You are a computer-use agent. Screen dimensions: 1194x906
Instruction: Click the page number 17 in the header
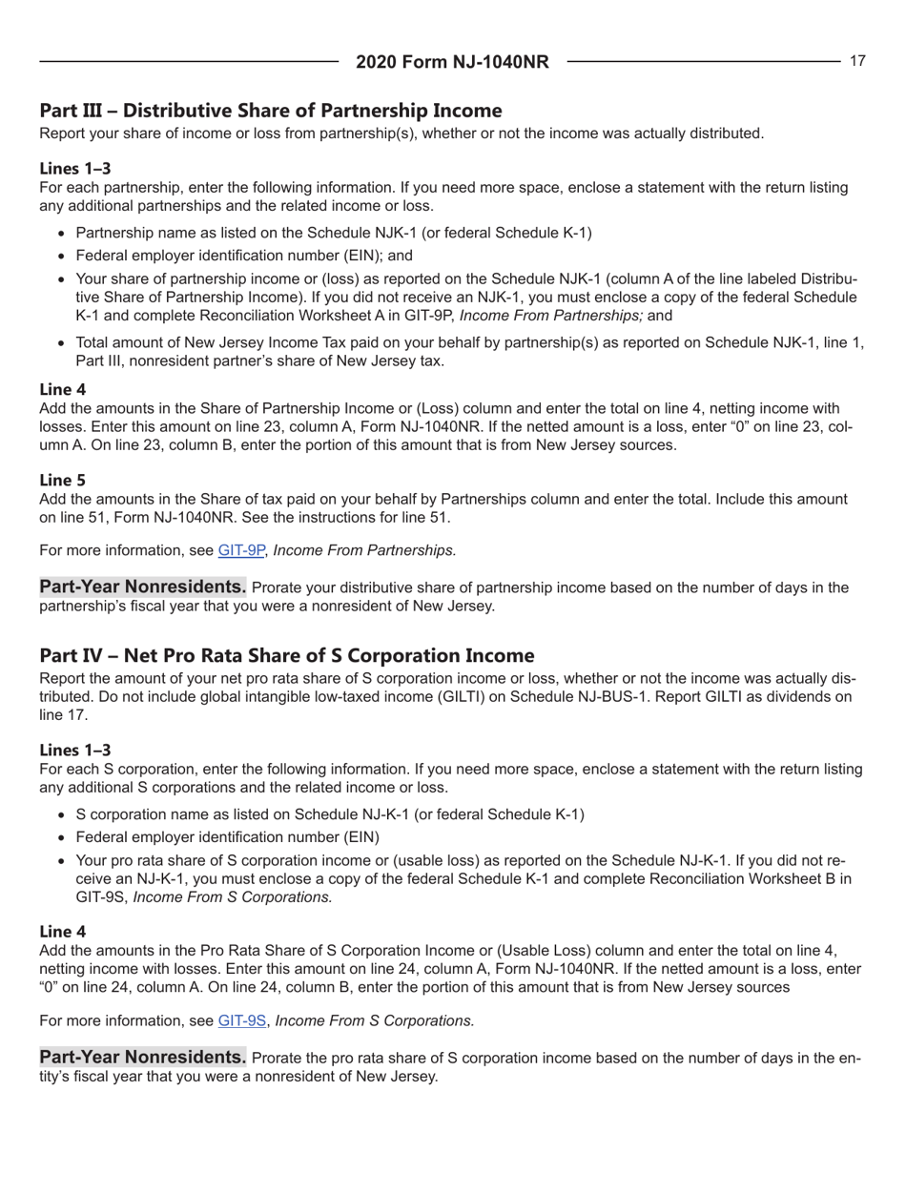click(857, 61)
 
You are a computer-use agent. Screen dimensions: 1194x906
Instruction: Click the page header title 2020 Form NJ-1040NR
click(452, 63)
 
